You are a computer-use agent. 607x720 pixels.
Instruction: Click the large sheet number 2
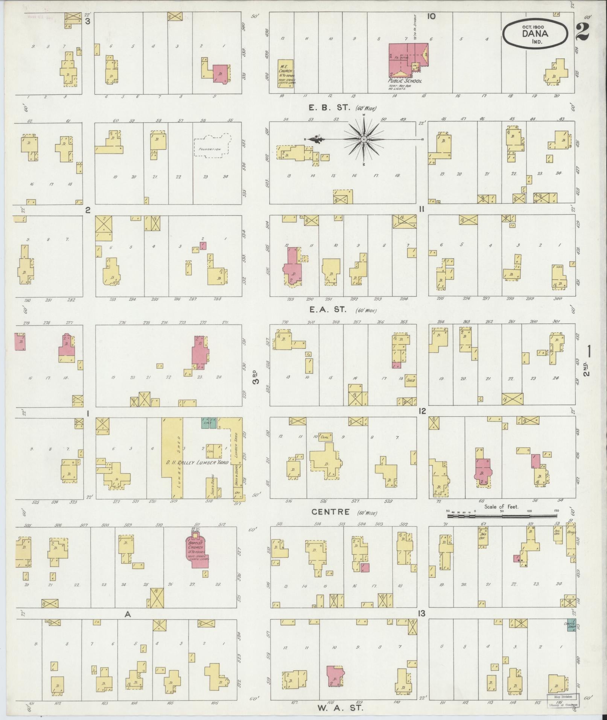[582, 33]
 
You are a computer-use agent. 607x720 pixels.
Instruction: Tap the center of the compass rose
[364, 140]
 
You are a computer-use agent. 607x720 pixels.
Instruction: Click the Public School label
[405, 81]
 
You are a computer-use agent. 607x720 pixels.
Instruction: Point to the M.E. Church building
[285, 73]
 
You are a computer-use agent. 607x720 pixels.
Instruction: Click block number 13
[421, 613]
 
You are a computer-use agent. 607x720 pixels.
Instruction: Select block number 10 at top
[431, 16]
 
